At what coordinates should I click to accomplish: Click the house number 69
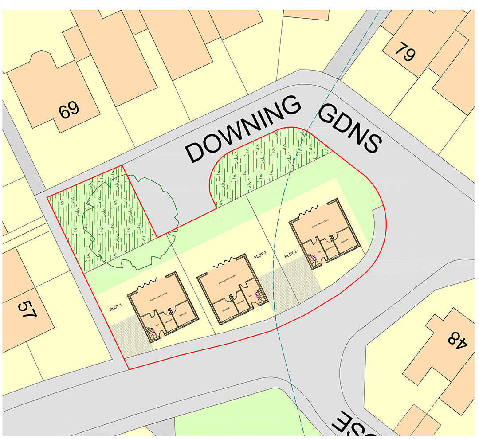click(70, 110)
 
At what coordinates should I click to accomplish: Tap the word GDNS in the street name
click(350, 129)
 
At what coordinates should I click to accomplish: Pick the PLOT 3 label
click(290, 255)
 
